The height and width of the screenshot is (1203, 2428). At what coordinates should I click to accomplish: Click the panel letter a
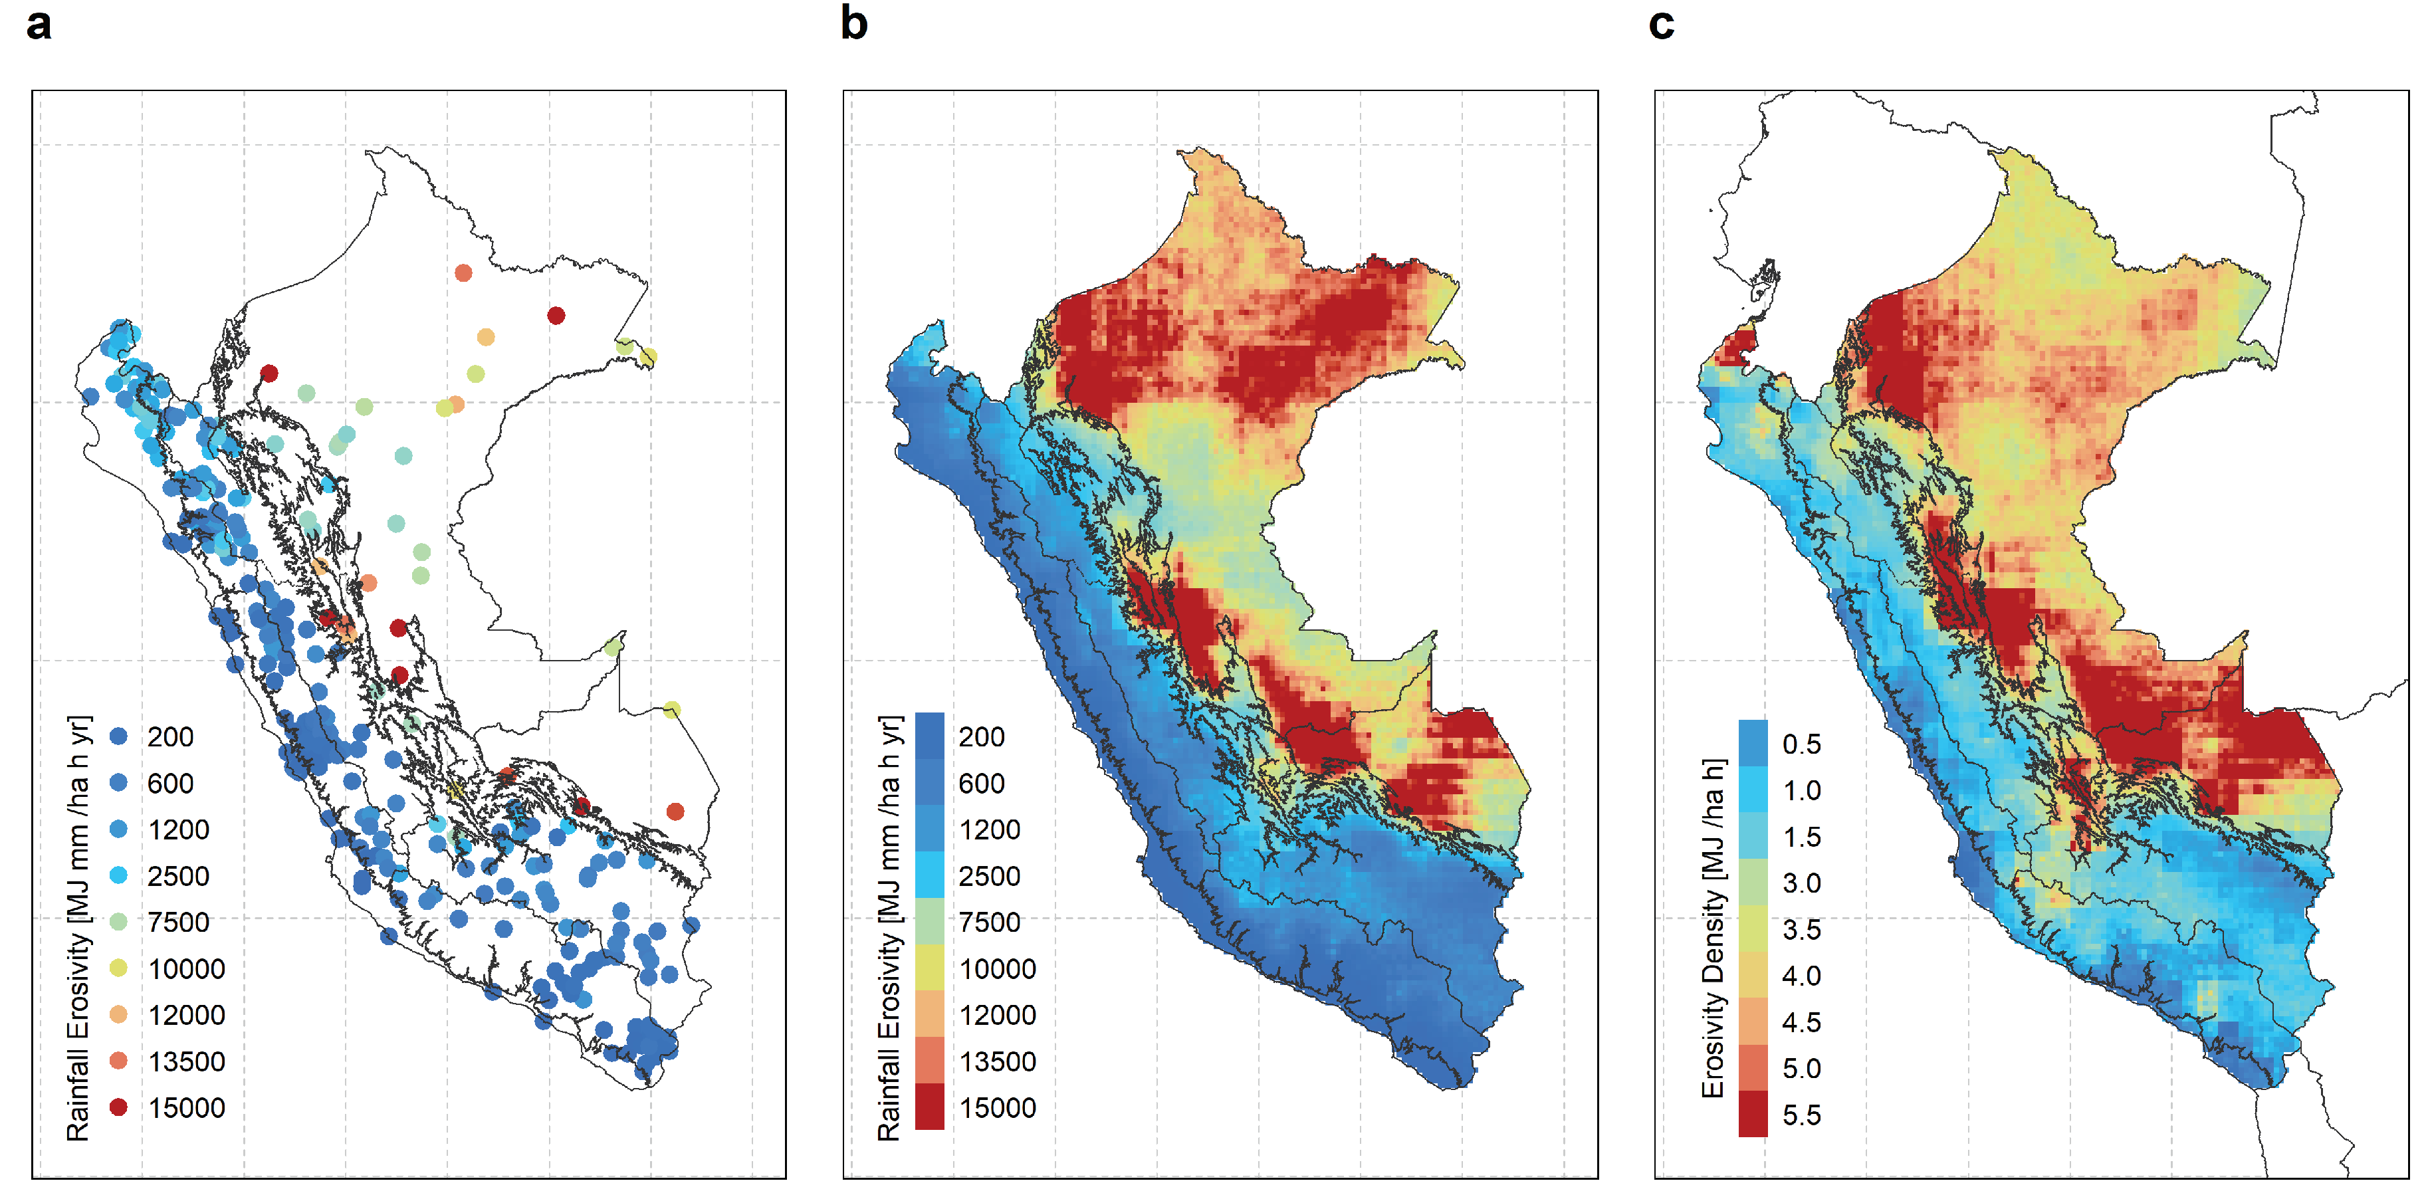click(39, 25)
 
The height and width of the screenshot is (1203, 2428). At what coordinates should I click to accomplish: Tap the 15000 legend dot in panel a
click(118, 1107)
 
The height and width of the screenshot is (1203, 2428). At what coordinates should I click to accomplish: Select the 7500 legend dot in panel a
click(118, 921)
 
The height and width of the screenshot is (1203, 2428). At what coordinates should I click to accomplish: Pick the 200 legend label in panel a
click(169, 736)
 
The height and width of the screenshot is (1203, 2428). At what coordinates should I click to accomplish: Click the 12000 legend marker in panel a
click(118, 1014)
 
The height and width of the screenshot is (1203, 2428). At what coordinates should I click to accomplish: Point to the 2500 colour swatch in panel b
click(929, 875)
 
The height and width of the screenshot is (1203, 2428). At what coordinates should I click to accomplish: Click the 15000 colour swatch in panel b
click(929, 1107)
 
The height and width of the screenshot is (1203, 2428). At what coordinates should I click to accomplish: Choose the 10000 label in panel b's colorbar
click(997, 968)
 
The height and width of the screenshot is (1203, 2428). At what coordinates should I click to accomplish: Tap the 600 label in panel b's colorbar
click(981, 782)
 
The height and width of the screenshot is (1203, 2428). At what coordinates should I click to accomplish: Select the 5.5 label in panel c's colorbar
click(1801, 1115)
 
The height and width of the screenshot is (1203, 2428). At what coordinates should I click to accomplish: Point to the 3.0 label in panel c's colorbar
click(1801, 883)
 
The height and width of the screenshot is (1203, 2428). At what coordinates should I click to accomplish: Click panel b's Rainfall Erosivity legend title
click(889, 928)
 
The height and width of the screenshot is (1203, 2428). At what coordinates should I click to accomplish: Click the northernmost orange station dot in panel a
click(463, 273)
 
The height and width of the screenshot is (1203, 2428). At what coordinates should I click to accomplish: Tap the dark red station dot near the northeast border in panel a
click(556, 315)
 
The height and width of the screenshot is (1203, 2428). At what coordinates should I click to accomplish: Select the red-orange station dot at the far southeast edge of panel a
click(675, 811)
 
